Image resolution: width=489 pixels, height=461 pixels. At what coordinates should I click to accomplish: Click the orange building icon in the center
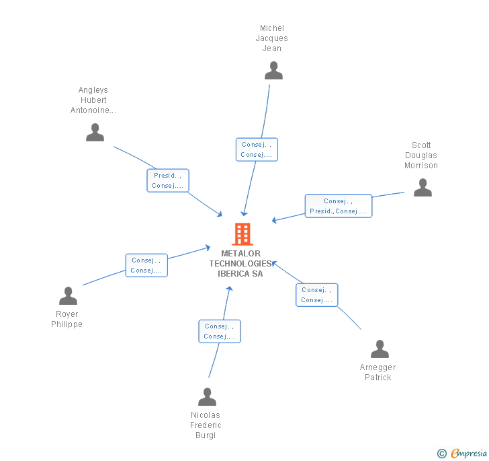242,234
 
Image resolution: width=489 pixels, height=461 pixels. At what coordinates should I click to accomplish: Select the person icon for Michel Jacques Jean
273,71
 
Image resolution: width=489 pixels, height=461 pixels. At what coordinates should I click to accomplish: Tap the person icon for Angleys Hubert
95,133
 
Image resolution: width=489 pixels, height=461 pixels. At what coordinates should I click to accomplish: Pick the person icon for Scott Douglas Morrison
423,188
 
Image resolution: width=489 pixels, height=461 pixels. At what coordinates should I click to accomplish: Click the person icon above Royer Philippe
68,296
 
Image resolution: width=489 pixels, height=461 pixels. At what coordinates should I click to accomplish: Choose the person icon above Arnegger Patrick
380,349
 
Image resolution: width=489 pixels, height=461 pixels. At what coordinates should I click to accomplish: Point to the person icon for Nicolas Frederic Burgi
207,397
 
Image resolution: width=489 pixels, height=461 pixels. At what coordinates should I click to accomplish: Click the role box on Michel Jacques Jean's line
257,149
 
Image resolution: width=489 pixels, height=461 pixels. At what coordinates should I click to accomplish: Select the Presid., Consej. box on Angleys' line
168,180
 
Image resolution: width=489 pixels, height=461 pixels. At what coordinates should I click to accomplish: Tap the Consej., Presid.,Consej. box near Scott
338,206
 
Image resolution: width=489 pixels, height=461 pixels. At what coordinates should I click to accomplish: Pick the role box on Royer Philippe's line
146,265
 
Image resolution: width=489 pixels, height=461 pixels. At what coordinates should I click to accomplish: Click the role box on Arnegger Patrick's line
316,295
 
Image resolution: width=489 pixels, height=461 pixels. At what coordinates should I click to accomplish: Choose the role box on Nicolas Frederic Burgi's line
219,331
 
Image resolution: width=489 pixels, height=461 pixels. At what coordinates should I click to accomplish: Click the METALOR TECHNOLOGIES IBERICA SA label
240,264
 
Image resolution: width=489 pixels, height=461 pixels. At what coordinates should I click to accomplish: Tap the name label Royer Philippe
67,319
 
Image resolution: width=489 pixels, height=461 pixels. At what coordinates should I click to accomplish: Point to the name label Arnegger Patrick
378,372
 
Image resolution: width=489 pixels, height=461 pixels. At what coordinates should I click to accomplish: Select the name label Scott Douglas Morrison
421,155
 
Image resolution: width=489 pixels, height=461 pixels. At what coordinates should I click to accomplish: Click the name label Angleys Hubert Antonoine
93,100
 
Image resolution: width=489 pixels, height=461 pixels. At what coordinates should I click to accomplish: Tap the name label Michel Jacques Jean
272,38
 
